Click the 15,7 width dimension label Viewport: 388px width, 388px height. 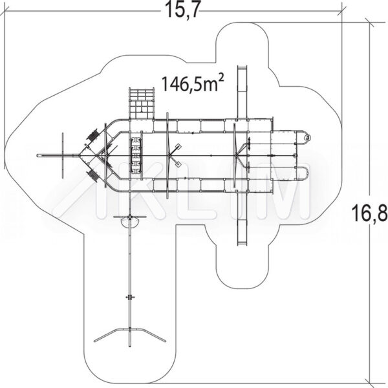coord(182,10)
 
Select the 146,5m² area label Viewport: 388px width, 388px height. coord(193,83)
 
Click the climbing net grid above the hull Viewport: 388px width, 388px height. coord(142,103)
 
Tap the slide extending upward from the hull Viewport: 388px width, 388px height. coord(242,92)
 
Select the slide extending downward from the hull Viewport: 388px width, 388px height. coord(242,218)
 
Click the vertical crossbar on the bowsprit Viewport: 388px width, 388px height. coord(63,155)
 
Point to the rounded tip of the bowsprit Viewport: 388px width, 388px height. coord(38,155)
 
